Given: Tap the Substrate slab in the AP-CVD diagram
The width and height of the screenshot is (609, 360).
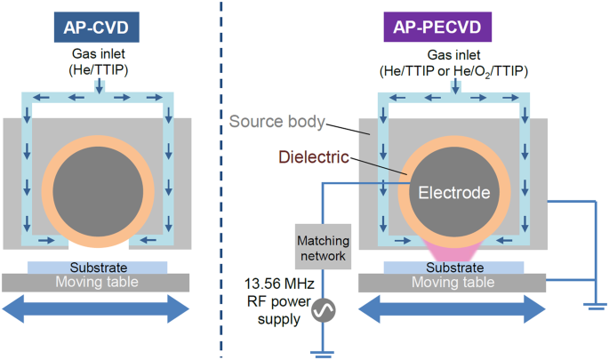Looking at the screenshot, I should (x=97, y=268).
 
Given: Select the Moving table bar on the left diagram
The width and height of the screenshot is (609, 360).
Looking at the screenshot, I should (x=96, y=283).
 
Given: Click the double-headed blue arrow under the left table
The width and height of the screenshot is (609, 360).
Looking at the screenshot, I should (x=96, y=308).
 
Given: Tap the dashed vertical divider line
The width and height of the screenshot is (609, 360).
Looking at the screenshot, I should (x=220, y=178).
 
